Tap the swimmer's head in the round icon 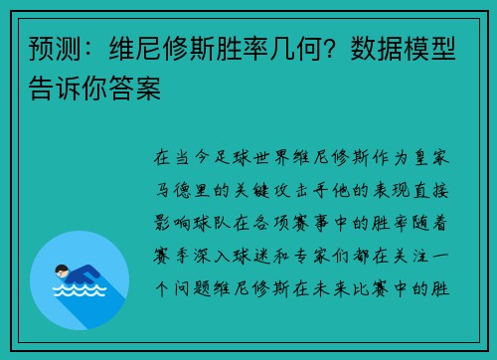[x=63, y=268]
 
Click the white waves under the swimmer [x=80, y=292]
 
